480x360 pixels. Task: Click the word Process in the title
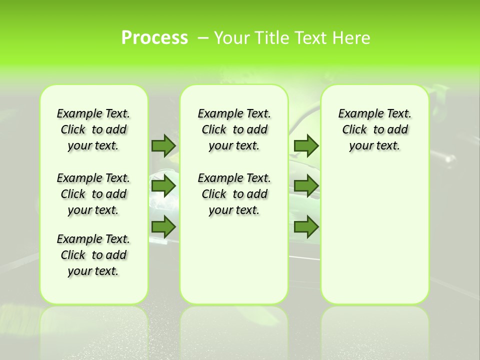point(154,37)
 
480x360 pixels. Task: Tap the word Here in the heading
point(352,37)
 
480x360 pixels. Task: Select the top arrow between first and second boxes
point(163,145)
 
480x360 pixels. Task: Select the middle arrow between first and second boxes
point(163,185)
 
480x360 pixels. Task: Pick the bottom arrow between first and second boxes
point(163,226)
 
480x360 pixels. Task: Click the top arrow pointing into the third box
point(306,145)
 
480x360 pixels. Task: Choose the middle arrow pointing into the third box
point(306,185)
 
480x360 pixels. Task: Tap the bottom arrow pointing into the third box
point(306,226)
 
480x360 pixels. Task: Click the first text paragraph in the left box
point(93,129)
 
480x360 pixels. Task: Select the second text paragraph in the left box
point(93,194)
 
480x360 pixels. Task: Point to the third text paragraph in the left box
point(93,255)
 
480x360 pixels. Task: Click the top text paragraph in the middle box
point(234,129)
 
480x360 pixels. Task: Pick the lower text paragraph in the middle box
point(234,194)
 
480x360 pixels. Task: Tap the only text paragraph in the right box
point(374,129)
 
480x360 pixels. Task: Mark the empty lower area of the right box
point(374,235)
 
